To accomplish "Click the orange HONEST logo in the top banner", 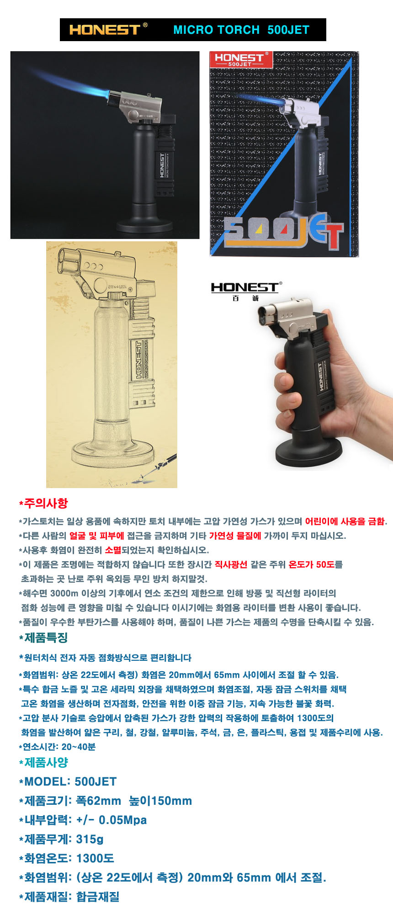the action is point(105,30).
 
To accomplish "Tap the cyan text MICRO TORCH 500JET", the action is point(241,30).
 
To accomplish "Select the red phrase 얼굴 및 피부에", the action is point(96,536).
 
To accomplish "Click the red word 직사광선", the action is point(231,564).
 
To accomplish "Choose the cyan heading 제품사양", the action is point(46,762).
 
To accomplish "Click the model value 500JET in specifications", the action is point(96,781).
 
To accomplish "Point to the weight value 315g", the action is point(90,839).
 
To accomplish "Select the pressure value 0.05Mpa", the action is point(122,820).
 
